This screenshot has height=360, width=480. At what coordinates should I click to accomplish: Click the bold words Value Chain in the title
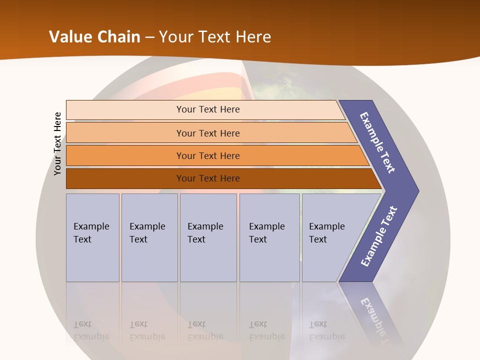[94, 37]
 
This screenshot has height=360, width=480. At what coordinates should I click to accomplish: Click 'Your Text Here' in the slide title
[215, 37]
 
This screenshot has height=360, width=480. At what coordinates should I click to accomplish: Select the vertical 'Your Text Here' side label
[57, 143]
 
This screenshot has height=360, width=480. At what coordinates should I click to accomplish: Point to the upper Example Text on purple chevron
[377, 142]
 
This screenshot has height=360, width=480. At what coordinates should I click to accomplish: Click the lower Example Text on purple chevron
[378, 236]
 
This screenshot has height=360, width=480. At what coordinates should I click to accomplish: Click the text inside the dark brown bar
[208, 178]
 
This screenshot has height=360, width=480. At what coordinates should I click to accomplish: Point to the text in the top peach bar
[208, 109]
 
